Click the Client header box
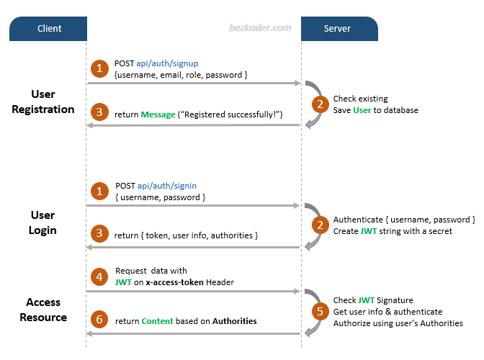click(49, 29)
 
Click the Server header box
click(338, 29)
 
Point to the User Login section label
click(42, 222)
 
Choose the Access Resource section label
click(43, 310)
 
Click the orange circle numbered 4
click(99, 276)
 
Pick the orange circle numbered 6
click(99, 320)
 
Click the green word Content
click(157, 321)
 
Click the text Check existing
click(359, 99)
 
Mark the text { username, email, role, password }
click(181, 75)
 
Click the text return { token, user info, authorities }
click(186, 235)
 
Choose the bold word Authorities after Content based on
click(234, 321)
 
